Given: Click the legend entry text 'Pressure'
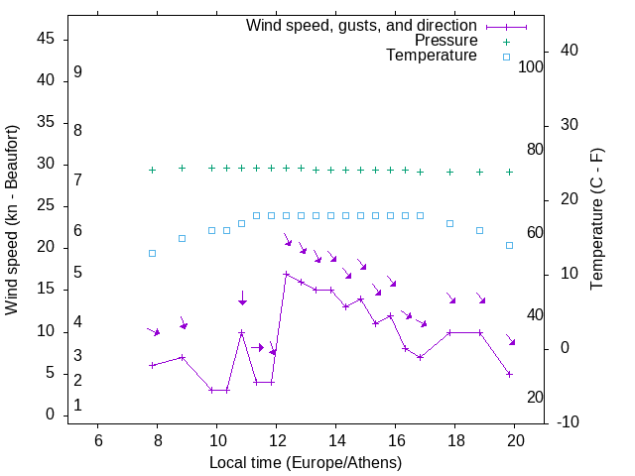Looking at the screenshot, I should click(x=445, y=41).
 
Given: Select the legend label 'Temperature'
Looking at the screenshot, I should click(x=432, y=57).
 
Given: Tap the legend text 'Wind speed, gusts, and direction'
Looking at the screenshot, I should click(x=362, y=25).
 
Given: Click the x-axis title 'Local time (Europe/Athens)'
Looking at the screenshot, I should click(x=306, y=463).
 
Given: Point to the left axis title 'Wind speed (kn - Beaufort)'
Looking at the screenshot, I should click(x=12, y=220).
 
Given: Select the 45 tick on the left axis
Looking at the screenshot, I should click(x=46, y=39).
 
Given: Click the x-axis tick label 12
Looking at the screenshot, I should click(x=277, y=440).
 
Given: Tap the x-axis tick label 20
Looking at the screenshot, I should click(x=515, y=440).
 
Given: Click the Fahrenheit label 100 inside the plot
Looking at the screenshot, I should click(x=531, y=66).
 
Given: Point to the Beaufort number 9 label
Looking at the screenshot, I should click(x=77, y=72).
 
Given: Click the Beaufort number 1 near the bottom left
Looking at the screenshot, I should click(x=77, y=406).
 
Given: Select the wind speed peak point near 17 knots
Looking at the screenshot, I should click(x=286, y=274).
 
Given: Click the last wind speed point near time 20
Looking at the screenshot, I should click(x=509, y=374).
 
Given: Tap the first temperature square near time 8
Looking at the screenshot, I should click(x=152, y=253).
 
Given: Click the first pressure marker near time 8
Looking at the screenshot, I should click(x=152, y=170).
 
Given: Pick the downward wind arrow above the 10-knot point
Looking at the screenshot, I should click(x=242, y=298).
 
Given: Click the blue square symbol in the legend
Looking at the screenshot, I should click(x=506, y=57).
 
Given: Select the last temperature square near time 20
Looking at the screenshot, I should click(x=509, y=245).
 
